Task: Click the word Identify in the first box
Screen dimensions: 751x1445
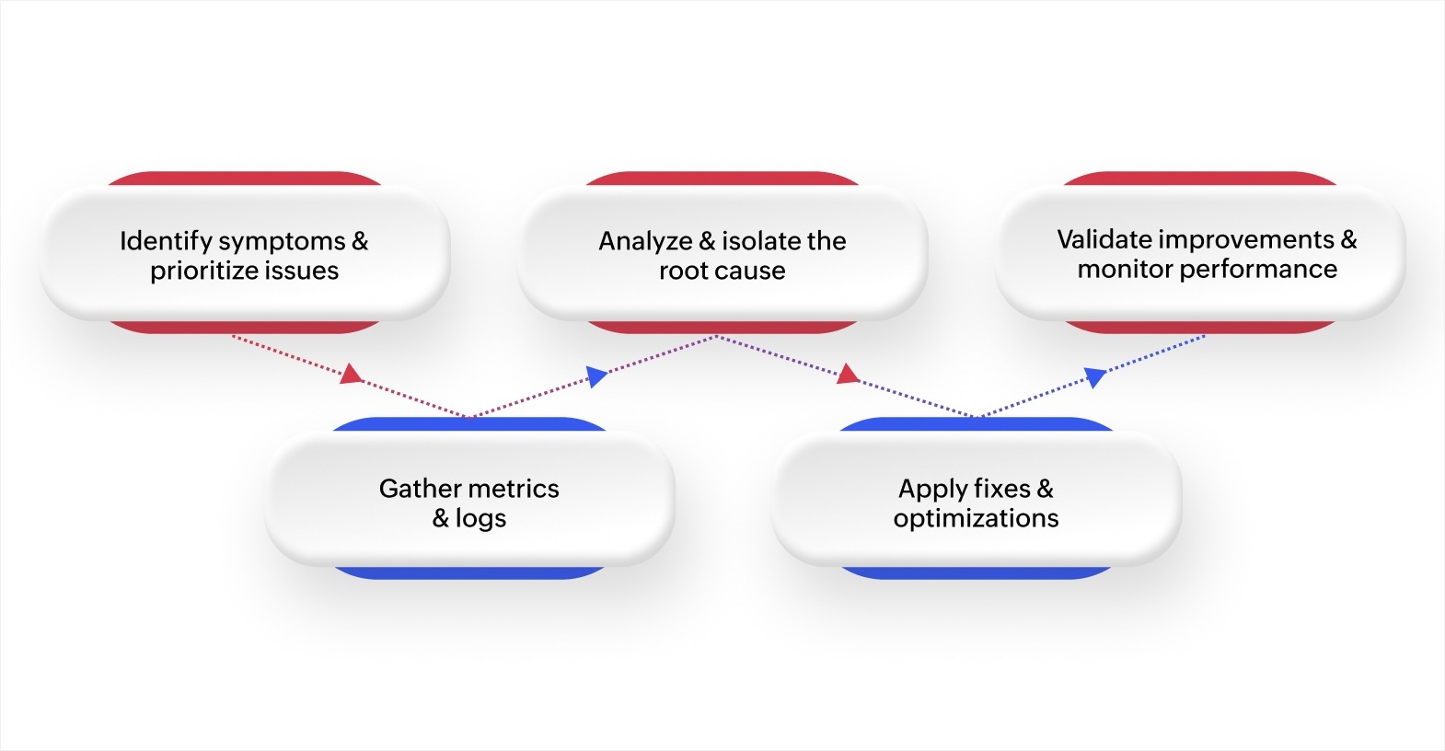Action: pyautogui.click(x=166, y=241)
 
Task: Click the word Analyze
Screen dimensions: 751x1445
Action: pyautogui.click(x=645, y=241)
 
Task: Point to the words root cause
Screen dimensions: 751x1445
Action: pyautogui.click(x=722, y=271)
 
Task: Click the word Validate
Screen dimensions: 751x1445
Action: pyautogui.click(x=1104, y=239)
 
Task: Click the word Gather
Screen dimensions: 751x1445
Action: pyautogui.click(x=421, y=488)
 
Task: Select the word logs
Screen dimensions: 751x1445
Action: pyautogui.click(x=480, y=518)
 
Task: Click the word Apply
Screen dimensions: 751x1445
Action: pyautogui.click(x=932, y=489)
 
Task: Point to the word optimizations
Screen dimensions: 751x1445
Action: pyautogui.click(x=976, y=518)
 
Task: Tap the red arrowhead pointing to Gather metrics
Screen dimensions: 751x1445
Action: pyautogui.click(x=351, y=374)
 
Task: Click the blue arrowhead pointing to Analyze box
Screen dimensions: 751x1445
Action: pyautogui.click(x=597, y=375)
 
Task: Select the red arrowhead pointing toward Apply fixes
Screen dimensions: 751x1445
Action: pyautogui.click(x=848, y=374)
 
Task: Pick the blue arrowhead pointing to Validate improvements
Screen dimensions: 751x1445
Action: pyautogui.click(x=1094, y=375)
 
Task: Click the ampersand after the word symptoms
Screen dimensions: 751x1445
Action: pyautogui.click(x=360, y=241)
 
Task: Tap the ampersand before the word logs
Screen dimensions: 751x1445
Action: pyautogui.click(x=441, y=518)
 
